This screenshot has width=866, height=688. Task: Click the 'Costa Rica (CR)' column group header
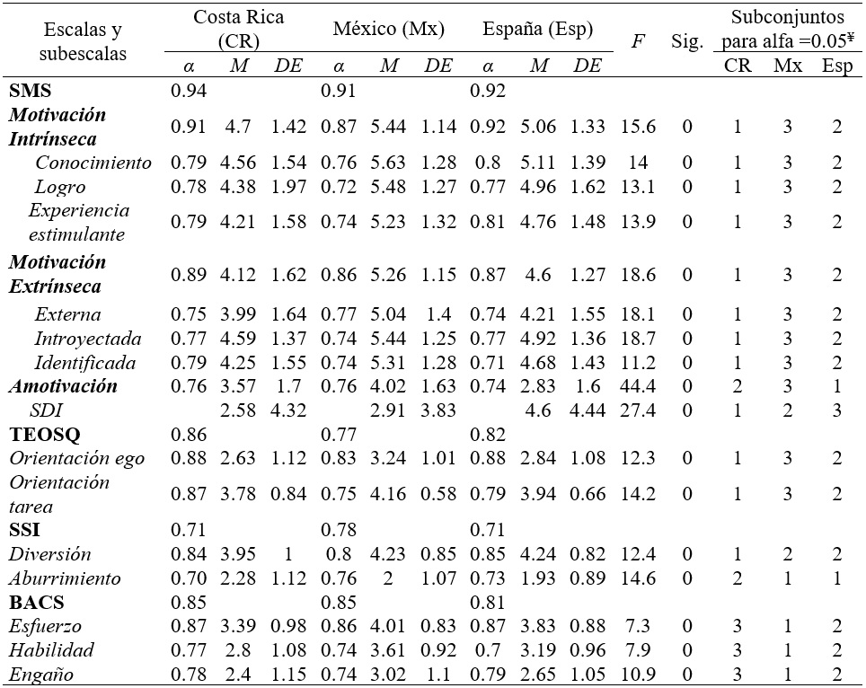(x=238, y=31)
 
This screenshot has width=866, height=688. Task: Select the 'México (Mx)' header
(x=388, y=30)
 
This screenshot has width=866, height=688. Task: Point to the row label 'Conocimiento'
(x=93, y=163)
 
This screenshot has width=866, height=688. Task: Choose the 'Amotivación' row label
(x=63, y=386)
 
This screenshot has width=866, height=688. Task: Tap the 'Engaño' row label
(x=41, y=674)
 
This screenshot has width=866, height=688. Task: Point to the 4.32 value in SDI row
(x=288, y=410)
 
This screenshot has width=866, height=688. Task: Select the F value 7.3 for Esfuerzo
(x=637, y=626)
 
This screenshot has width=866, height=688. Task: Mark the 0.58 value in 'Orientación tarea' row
(x=438, y=494)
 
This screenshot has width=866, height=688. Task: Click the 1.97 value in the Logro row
(x=288, y=187)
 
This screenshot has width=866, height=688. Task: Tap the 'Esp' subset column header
(x=837, y=66)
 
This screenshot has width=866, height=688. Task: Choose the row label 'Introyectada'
(x=85, y=339)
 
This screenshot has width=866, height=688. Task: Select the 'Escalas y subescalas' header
(x=80, y=41)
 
